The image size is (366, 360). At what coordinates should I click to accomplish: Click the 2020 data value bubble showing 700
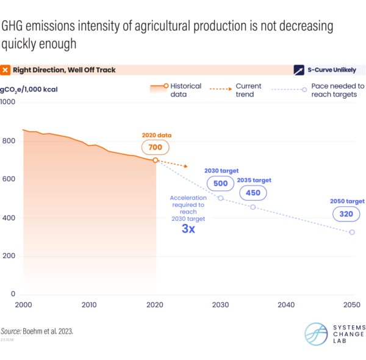click(155, 147)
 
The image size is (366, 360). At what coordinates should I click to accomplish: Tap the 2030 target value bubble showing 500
click(220, 183)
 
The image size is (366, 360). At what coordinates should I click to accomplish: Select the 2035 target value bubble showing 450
click(253, 193)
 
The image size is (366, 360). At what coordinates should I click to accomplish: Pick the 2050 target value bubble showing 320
click(346, 214)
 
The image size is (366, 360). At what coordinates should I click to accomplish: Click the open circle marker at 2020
click(156, 160)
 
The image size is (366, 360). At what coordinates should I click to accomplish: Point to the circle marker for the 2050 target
click(352, 232)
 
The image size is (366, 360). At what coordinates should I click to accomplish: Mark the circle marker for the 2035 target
click(253, 207)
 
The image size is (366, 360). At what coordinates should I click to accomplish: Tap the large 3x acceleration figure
click(188, 229)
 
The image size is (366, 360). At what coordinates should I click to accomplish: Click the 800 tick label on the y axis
click(8, 141)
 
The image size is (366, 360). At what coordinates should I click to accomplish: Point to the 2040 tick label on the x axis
click(285, 304)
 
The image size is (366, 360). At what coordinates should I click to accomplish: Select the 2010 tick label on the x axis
click(89, 304)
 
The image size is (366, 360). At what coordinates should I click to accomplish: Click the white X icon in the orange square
click(5, 70)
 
